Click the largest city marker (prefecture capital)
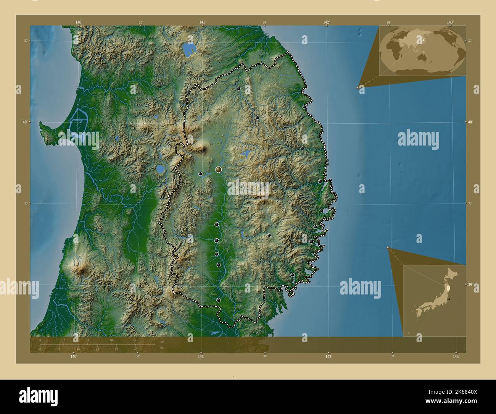pyautogui.click(x=219, y=169)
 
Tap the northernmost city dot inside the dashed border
pyautogui.click(x=238, y=89)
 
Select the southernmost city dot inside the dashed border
pyautogui.click(x=218, y=300)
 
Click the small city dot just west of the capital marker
pyautogui.click(x=200, y=174)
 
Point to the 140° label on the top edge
pyautogui.click(x=78, y=23)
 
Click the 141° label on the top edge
pyautogui.click(x=203, y=23)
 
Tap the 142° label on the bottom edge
pyautogui.click(x=328, y=356)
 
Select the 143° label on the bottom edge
pyautogui.click(x=456, y=356)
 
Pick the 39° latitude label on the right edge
pyautogui.click(x=470, y=285)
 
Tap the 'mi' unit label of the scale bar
pyautogui.click(x=162, y=348)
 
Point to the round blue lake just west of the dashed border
pyautogui.click(x=161, y=169)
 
